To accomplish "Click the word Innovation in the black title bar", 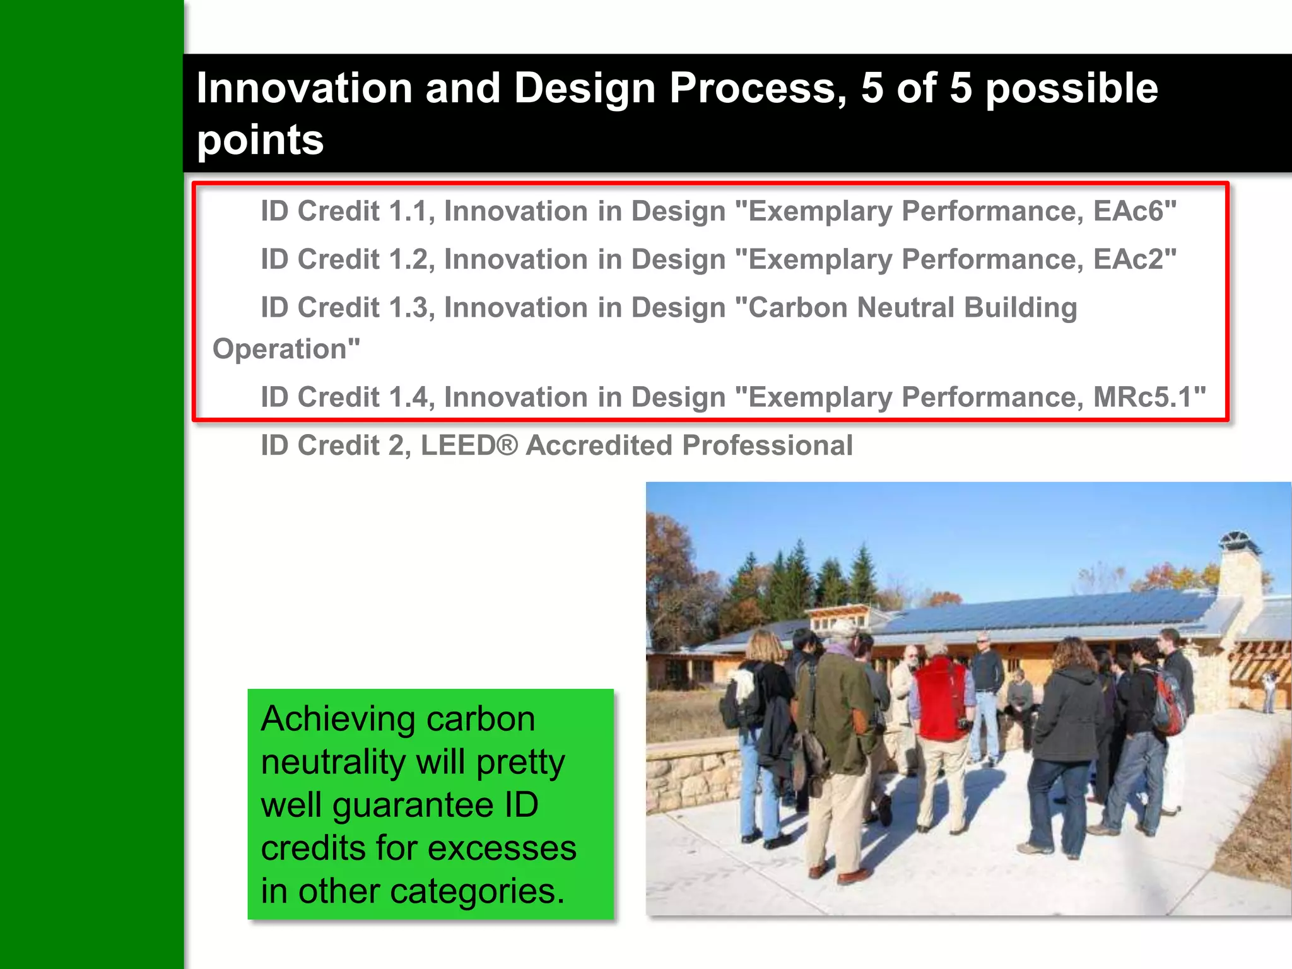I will click(x=304, y=88).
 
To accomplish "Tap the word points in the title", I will click(x=260, y=139).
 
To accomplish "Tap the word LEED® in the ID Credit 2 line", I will click(x=468, y=445).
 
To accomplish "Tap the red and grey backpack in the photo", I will click(x=1171, y=703).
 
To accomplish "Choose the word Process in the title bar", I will click(x=757, y=88).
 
